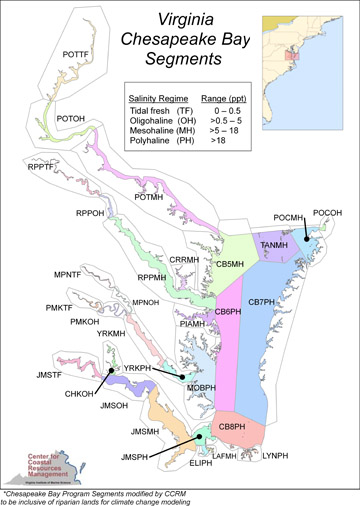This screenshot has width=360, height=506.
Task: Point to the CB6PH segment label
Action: [228, 313]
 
